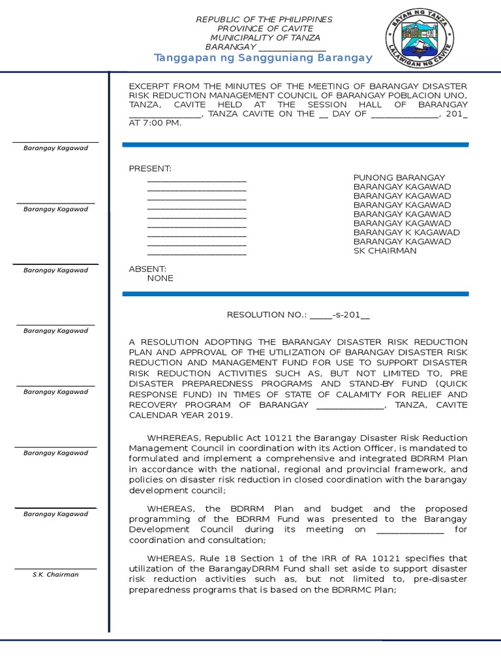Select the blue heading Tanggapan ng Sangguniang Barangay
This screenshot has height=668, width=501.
point(263,58)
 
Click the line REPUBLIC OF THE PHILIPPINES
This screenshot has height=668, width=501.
point(264,20)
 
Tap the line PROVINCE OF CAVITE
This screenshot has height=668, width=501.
point(265,29)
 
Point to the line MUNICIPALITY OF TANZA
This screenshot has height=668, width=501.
point(265,38)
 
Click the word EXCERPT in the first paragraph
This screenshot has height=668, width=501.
point(148,86)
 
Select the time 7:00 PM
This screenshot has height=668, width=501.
point(164,123)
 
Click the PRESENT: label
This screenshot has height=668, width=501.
point(150,168)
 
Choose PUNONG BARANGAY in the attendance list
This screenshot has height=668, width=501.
point(399,177)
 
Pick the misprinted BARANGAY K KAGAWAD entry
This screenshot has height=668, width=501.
point(406,232)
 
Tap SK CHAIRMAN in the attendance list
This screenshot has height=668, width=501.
point(384,250)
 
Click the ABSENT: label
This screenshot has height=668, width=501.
point(147,269)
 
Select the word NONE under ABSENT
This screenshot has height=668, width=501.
point(160,278)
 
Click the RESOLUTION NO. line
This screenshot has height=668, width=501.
point(298,314)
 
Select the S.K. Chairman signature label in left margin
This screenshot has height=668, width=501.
point(55,575)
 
